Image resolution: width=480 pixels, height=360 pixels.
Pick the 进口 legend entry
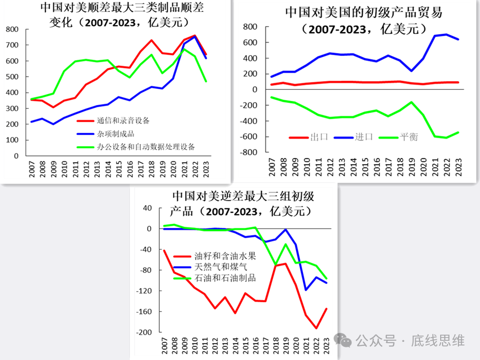click(x=364, y=137)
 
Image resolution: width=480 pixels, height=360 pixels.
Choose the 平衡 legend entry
click(x=408, y=137)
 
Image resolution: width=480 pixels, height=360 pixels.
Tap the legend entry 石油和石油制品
click(x=225, y=278)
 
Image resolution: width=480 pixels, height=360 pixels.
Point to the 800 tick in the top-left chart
click(x=12, y=30)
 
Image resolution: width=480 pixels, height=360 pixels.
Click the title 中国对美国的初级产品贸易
click(x=364, y=13)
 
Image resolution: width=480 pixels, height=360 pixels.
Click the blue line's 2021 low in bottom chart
click(x=307, y=290)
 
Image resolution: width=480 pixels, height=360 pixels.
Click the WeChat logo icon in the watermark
click(x=345, y=340)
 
